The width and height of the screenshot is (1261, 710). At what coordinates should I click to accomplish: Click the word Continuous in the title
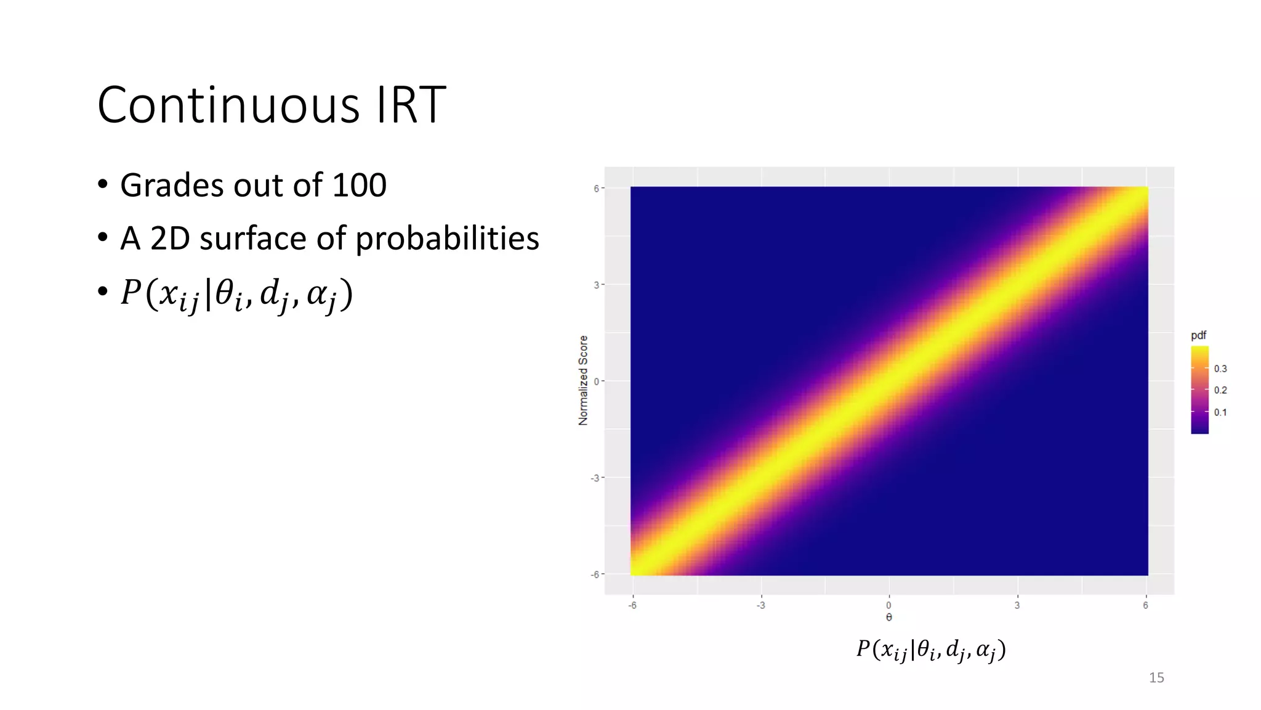click(228, 105)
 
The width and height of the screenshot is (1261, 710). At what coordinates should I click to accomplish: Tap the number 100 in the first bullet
click(359, 185)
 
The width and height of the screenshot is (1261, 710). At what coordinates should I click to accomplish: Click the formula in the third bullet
click(236, 294)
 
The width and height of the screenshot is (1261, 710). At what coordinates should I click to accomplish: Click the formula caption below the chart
click(930, 650)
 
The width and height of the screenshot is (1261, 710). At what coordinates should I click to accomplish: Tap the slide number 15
click(1156, 678)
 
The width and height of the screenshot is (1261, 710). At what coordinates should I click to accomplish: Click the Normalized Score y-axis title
click(583, 380)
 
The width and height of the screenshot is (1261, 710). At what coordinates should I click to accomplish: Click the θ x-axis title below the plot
click(888, 618)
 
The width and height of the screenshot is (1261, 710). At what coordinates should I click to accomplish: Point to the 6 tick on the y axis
click(596, 189)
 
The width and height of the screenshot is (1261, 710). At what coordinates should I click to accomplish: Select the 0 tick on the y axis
click(596, 382)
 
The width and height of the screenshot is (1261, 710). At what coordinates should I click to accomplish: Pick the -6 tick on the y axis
click(595, 574)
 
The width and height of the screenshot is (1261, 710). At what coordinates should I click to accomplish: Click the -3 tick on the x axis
click(761, 605)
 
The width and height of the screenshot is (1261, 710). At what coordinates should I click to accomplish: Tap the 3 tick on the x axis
click(1017, 605)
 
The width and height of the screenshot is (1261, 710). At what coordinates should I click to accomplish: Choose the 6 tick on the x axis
click(1145, 605)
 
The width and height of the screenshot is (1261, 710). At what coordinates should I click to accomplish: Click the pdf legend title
click(1198, 335)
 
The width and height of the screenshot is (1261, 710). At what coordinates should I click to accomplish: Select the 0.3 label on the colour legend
click(1220, 369)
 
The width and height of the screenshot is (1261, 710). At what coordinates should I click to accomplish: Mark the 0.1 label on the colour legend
click(1220, 412)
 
